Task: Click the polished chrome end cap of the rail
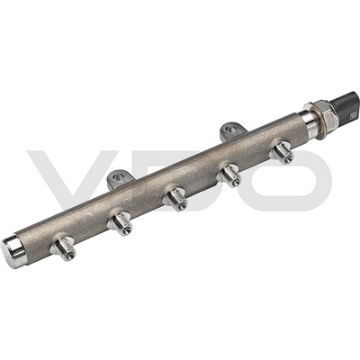click(13, 249)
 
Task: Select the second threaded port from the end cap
click(121, 224)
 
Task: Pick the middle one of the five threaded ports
click(175, 198)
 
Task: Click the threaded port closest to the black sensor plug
click(282, 152)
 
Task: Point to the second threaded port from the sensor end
click(230, 175)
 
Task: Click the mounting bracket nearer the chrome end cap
click(120, 179)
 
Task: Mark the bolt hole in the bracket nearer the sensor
click(231, 130)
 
